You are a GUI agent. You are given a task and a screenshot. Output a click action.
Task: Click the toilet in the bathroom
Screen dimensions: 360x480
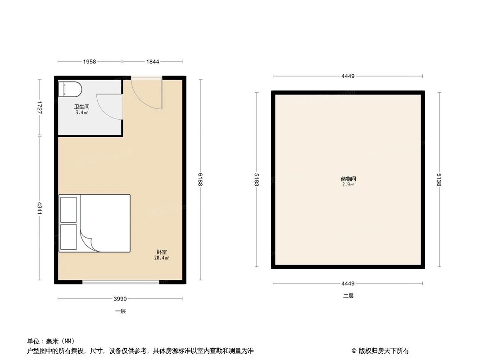point(70,89)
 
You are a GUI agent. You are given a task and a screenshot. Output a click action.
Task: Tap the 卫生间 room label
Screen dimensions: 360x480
point(82,107)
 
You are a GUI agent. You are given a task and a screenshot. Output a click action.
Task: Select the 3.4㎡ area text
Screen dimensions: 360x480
point(82,112)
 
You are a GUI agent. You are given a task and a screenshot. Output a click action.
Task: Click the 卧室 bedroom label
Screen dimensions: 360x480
point(162,252)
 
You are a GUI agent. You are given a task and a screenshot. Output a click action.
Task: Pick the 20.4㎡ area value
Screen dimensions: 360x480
point(162,258)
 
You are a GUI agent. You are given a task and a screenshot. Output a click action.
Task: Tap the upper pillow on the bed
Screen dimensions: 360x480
point(68,209)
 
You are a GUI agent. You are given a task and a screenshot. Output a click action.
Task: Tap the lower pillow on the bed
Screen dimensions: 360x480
point(68,237)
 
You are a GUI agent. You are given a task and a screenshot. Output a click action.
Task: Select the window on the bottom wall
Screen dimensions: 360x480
point(121,282)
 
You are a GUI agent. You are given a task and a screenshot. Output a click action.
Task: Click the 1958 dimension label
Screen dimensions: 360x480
point(90,62)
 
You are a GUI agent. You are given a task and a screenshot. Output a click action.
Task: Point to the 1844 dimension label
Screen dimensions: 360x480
point(153,62)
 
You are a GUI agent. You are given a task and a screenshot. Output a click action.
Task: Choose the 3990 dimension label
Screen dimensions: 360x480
point(120,299)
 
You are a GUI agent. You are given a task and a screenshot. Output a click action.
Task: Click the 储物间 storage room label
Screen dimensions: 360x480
point(348,179)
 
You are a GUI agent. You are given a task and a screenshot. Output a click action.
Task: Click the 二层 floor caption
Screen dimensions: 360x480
point(348,296)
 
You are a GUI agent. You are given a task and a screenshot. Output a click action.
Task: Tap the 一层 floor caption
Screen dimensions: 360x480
point(120,311)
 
